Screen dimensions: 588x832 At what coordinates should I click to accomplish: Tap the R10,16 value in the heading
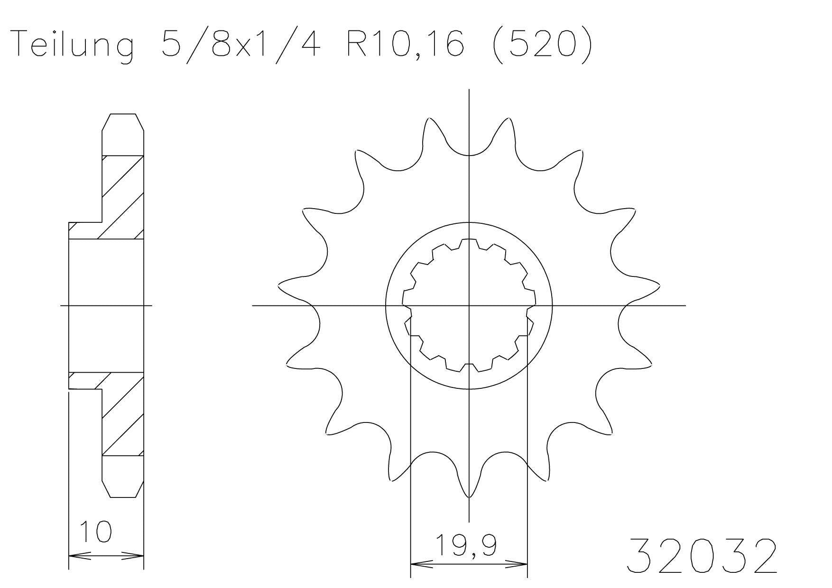click(405, 44)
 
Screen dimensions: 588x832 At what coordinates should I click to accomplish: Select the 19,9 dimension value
click(466, 545)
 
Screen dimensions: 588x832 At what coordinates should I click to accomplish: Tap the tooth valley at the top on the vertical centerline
click(469, 155)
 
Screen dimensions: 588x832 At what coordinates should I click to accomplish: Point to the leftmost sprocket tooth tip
click(279, 286)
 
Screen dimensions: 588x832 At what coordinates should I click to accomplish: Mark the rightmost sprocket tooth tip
click(659, 286)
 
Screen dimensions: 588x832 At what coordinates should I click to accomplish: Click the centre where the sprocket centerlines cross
click(469, 305)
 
